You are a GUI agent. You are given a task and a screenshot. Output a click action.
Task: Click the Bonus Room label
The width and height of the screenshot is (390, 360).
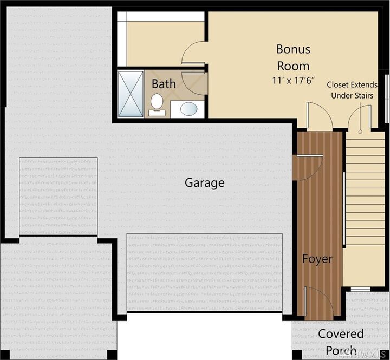(293, 57)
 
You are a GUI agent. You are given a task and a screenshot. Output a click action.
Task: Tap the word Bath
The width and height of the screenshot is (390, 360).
(163, 84)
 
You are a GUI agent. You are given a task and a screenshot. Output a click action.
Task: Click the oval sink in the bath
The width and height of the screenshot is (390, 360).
(188, 109)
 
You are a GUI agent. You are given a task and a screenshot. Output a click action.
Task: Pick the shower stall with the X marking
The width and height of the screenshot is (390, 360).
(130, 93)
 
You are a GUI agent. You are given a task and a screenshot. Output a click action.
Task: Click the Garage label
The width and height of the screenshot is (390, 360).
(204, 183)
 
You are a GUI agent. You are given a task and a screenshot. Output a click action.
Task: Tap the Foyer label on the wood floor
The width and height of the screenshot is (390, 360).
(317, 259)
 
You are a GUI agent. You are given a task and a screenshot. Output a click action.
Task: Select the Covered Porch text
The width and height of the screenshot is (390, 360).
(341, 342)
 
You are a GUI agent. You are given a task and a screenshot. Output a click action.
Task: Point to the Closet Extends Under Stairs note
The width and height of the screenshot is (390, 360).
(353, 90)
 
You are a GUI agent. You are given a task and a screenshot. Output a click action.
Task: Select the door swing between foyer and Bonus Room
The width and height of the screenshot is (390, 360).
(319, 116)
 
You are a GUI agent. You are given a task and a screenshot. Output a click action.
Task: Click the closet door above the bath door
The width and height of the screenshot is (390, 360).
(193, 54)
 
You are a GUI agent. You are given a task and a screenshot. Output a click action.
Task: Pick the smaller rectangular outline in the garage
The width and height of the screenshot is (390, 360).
(58, 196)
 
